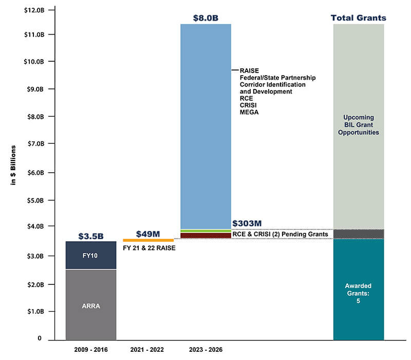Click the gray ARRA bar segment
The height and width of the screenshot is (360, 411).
tap(91, 304)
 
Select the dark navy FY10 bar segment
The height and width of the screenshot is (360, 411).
tap(91, 255)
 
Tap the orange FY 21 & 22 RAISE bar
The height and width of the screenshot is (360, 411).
tap(148, 240)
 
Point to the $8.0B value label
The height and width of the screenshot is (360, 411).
tap(206, 18)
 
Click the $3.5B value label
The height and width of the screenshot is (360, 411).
tap(91, 236)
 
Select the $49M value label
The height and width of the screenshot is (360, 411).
tap(148, 234)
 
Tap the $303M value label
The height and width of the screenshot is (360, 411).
tap(247, 224)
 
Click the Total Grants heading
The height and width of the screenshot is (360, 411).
tap(359, 18)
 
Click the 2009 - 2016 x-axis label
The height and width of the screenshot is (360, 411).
tap(91, 349)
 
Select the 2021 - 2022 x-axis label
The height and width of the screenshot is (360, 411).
tap(148, 349)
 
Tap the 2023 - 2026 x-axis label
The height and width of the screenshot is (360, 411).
tap(206, 349)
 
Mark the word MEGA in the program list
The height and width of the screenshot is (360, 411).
tap(249, 112)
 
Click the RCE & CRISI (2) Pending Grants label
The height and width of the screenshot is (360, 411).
tap(280, 235)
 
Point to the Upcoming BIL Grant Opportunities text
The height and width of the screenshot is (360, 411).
tap(359, 125)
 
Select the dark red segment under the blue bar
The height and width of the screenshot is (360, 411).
tap(206, 236)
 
